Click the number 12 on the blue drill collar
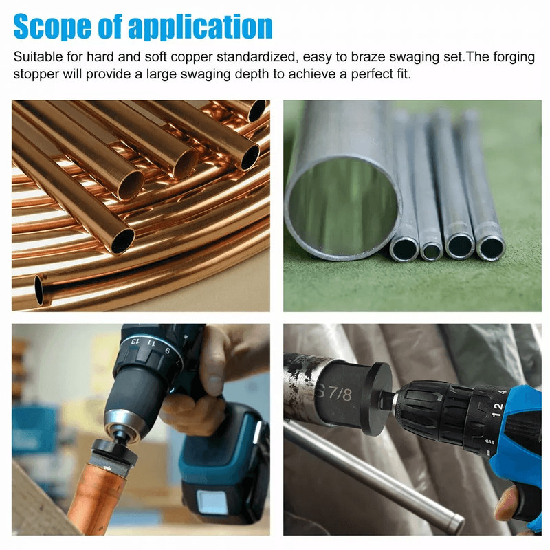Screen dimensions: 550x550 pyautogui.click(x=498, y=406)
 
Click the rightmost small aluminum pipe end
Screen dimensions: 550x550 pyautogui.click(x=490, y=247)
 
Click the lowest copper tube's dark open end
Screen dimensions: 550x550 pyautogui.click(x=39, y=289)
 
